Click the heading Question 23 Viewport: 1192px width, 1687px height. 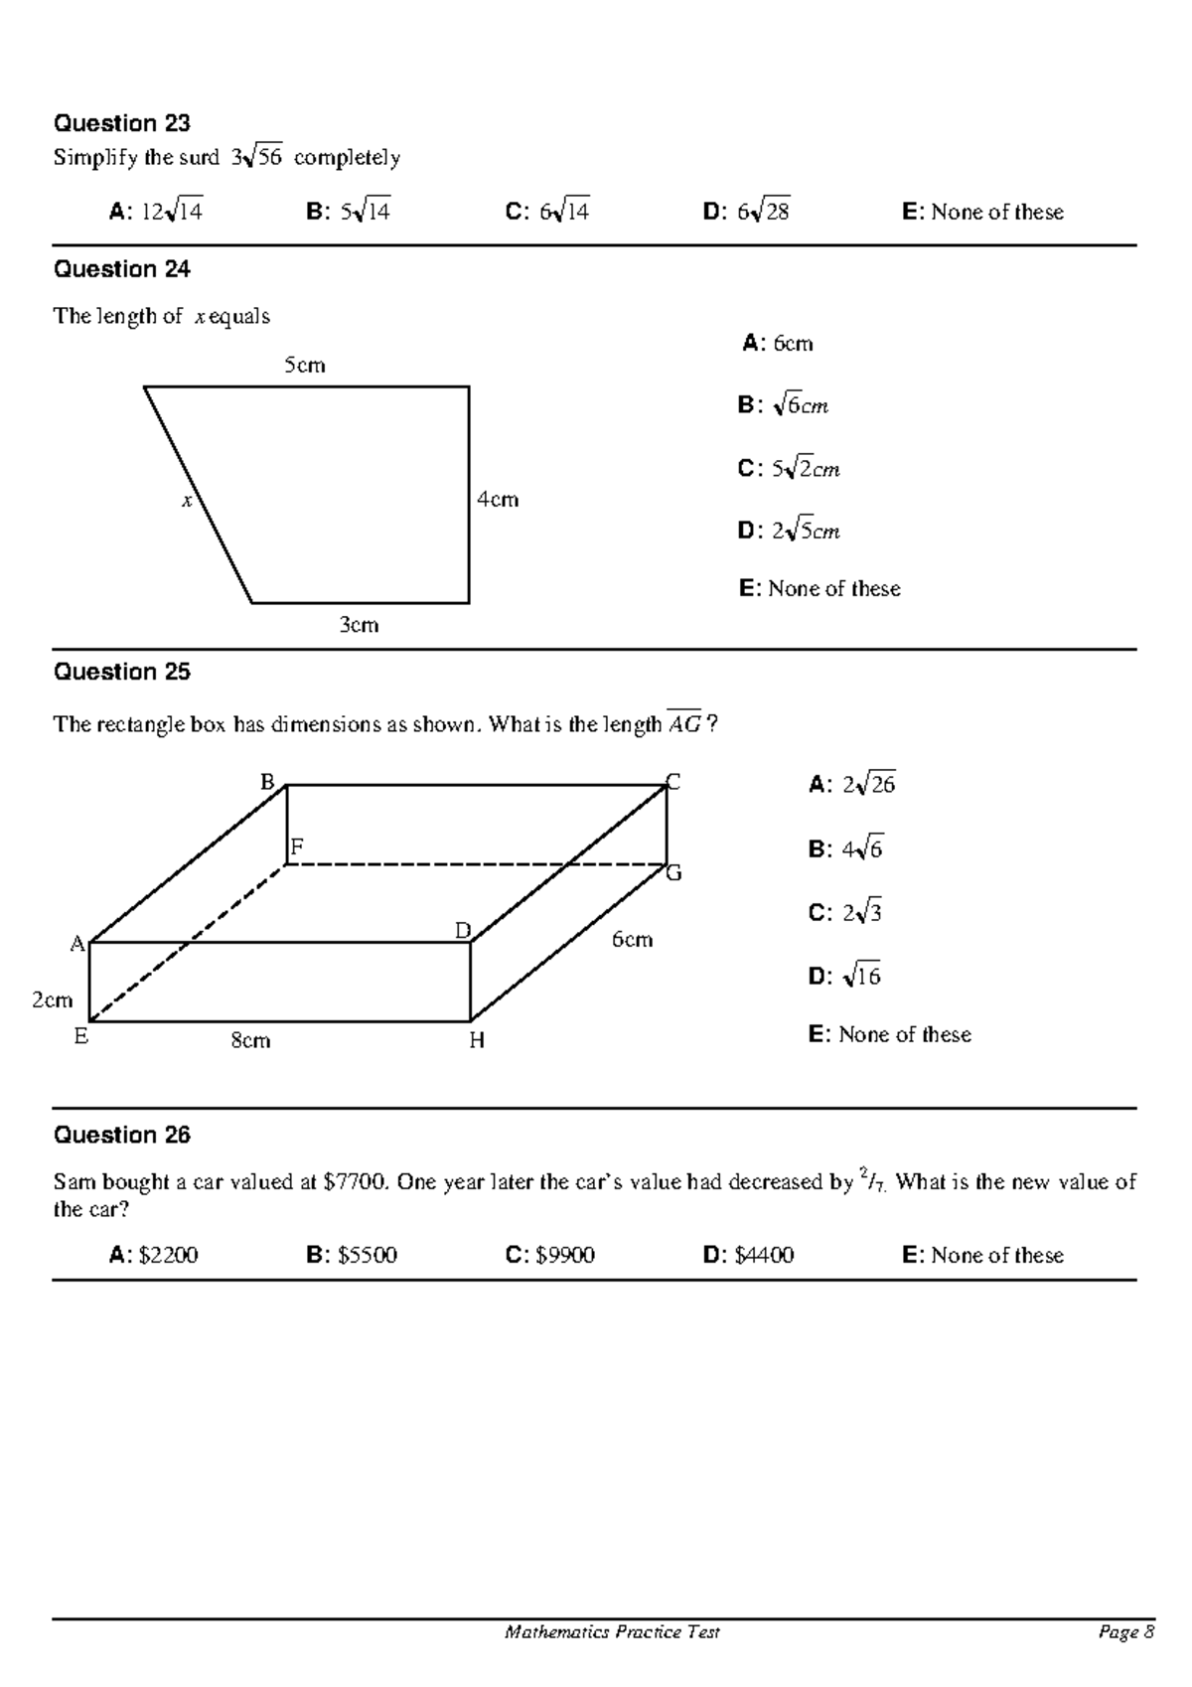point(121,123)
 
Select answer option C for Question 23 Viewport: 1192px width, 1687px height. point(547,212)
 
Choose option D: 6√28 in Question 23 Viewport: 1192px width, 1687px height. point(746,212)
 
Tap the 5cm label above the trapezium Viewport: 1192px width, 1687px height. point(305,366)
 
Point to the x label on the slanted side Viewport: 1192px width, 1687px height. point(186,502)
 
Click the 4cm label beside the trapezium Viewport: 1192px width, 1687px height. point(498,500)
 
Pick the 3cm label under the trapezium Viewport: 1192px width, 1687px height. point(359,625)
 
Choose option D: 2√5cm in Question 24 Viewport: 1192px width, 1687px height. point(789,531)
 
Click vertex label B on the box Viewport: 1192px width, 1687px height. point(267,782)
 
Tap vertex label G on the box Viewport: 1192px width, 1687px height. point(673,873)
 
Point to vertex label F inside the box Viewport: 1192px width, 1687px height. point(296,847)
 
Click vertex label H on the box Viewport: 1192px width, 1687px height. point(477,1041)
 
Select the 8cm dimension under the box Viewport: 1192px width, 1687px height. point(250,1040)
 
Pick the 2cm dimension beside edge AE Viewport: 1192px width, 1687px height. point(52,1000)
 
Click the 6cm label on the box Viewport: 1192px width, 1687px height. point(632,940)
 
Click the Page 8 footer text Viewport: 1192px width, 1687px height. point(1126,1632)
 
